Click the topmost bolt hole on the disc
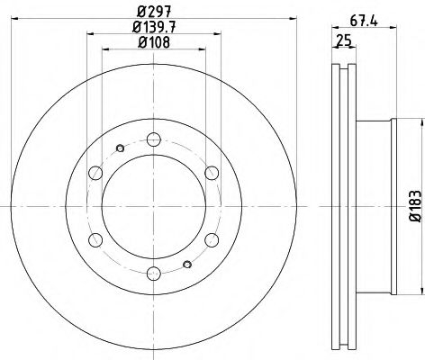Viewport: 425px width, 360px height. pyautogui.click(x=153, y=139)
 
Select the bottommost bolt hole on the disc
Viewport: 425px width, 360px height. pyautogui.click(x=153, y=273)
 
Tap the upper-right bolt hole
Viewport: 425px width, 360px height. pyautogui.click(x=211, y=173)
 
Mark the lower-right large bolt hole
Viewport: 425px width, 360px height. pyautogui.click(x=211, y=239)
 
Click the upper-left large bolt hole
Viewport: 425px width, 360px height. pyautogui.click(x=95, y=173)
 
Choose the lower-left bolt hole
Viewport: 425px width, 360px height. pyautogui.click(x=95, y=239)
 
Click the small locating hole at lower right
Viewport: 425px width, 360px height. pyautogui.click(x=186, y=263)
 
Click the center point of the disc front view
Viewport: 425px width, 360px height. pyautogui.click(x=153, y=206)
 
